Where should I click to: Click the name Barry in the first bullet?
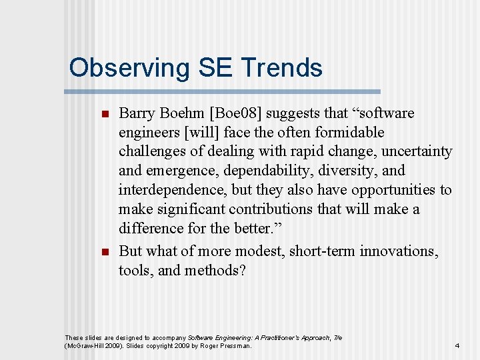[137, 113]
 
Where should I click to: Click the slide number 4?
[457, 346]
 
